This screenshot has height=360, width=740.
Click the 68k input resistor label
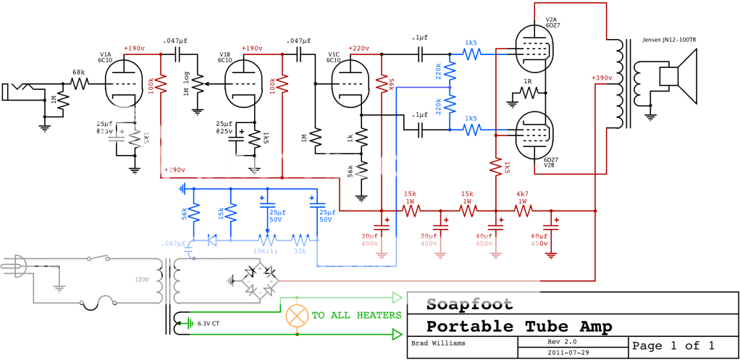[x=77, y=73]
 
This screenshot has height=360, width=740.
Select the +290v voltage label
[x=175, y=170]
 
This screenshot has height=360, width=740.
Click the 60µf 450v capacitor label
[x=539, y=240]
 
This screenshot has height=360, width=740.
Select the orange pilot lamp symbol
[x=296, y=315]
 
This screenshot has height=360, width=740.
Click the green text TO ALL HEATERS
[x=356, y=315]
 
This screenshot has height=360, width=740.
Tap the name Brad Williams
[x=437, y=343]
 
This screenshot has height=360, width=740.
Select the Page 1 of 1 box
[x=673, y=346]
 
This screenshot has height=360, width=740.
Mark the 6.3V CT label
[x=209, y=323]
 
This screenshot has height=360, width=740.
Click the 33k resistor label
[x=300, y=251]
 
